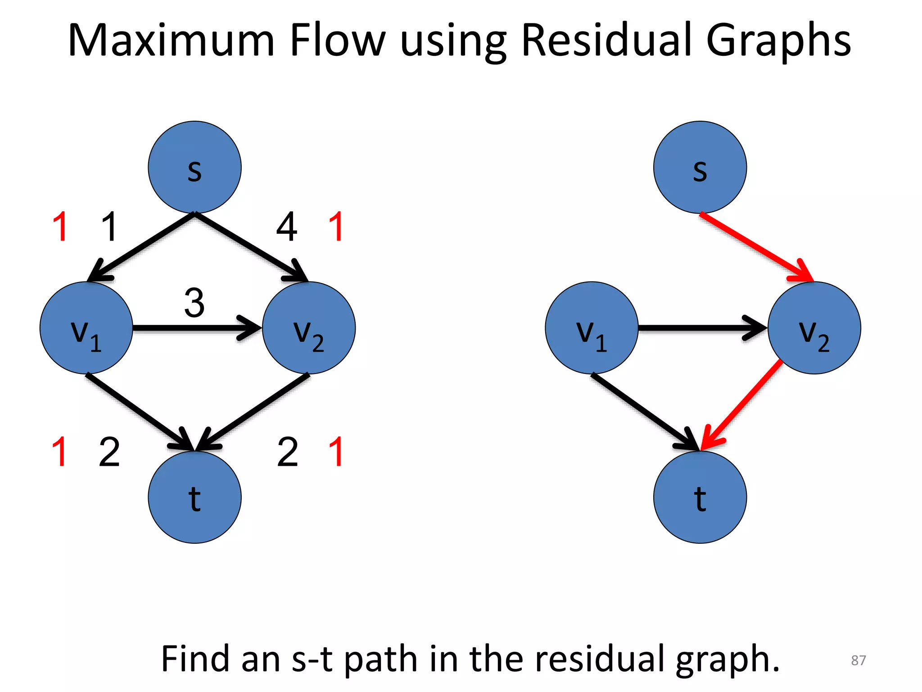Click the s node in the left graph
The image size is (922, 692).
[x=194, y=168]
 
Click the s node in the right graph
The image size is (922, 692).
[x=700, y=168]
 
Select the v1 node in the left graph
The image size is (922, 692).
[x=86, y=328]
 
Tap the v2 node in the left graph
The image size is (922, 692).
[x=309, y=328]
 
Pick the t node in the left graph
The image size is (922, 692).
[x=194, y=497]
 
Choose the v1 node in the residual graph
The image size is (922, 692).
[x=591, y=328]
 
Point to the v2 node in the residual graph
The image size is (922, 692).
[x=814, y=328]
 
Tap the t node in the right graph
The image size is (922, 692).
[x=700, y=497]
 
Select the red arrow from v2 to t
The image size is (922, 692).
[x=743, y=403]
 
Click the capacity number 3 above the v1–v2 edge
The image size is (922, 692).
[x=194, y=303]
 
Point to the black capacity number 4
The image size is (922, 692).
[x=286, y=227]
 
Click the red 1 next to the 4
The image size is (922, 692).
[x=336, y=227]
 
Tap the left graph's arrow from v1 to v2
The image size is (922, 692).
[x=194, y=328]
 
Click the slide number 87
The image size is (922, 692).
[x=858, y=660]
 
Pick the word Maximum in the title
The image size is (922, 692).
[x=171, y=41]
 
